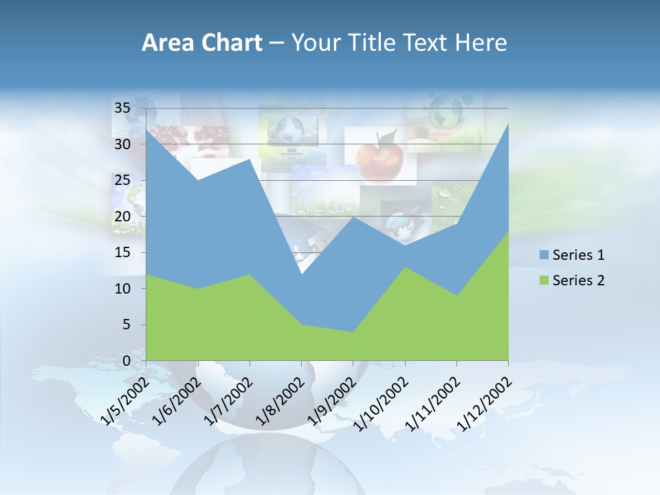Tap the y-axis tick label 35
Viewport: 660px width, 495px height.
pos(122,108)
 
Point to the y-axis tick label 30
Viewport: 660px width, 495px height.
pos(122,144)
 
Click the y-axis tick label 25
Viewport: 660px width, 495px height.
pos(122,180)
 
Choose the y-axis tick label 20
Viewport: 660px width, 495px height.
pos(122,217)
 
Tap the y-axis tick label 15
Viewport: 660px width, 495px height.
pos(122,252)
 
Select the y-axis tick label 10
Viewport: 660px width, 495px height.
pos(122,289)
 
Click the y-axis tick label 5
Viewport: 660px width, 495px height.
pos(126,324)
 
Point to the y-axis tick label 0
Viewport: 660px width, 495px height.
pos(126,361)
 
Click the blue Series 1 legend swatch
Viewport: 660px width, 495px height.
pos(544,255)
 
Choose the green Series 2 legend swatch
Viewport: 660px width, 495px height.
pos(544,280)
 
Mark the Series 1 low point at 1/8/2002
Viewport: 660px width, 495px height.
pos(301,274)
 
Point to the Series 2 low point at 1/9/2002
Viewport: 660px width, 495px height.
pos(353,332)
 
